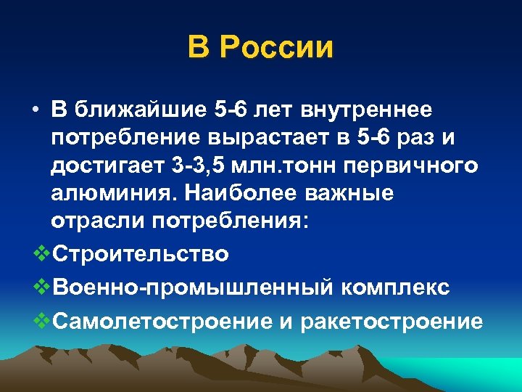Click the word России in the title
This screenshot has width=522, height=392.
[x=276, y=48]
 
